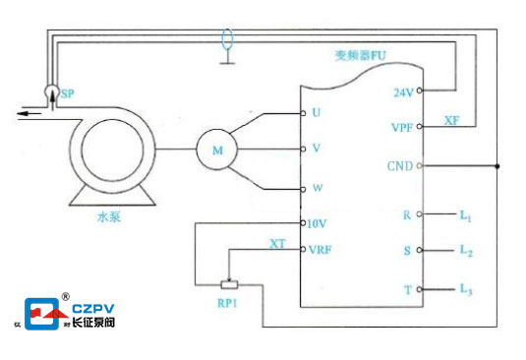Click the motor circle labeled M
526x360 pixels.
pos(216,150)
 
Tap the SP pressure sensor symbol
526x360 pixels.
pos(51,92)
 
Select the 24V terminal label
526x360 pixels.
pos(403,91)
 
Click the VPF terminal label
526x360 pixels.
pos(401,127)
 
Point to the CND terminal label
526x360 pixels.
pos(401,165)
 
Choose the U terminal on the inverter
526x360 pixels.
pos(315,112)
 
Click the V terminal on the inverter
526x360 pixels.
pos(315,149)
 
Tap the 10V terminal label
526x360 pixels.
pos(317,223)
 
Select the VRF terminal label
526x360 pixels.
pos(321,249)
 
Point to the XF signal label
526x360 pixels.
pos(451,120)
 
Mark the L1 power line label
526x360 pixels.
pos(466,213)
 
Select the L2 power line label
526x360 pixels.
pos(466,251)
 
